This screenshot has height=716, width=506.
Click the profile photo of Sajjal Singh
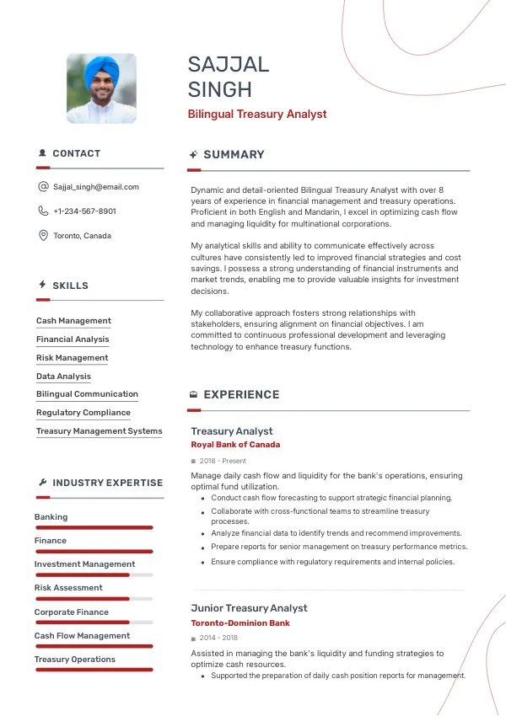click(101, 89)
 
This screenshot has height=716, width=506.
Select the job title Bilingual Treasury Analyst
click(257, 114)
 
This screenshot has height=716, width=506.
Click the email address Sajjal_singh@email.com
click(96, 187)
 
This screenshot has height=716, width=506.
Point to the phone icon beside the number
click(43, 211)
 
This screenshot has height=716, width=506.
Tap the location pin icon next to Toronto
click(43, 236)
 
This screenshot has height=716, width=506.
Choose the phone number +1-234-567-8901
click(84, 211)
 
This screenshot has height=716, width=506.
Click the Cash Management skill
click(73, 321)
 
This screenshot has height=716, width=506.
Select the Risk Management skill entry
click(72, 358)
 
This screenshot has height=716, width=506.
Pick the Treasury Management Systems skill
click(99, 431)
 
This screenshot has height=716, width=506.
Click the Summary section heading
click(234, 155)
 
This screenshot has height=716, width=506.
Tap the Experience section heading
click(241, 394)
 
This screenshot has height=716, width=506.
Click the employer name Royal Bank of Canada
click(235, 445)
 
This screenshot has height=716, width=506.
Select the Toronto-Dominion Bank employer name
click(240, 623)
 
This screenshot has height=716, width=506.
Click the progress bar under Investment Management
click(94, 575)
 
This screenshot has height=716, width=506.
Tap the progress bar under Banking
click(94, 528)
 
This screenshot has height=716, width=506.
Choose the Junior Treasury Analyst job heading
click(249, 608)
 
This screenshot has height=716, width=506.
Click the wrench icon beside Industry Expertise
click(42, 483)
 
